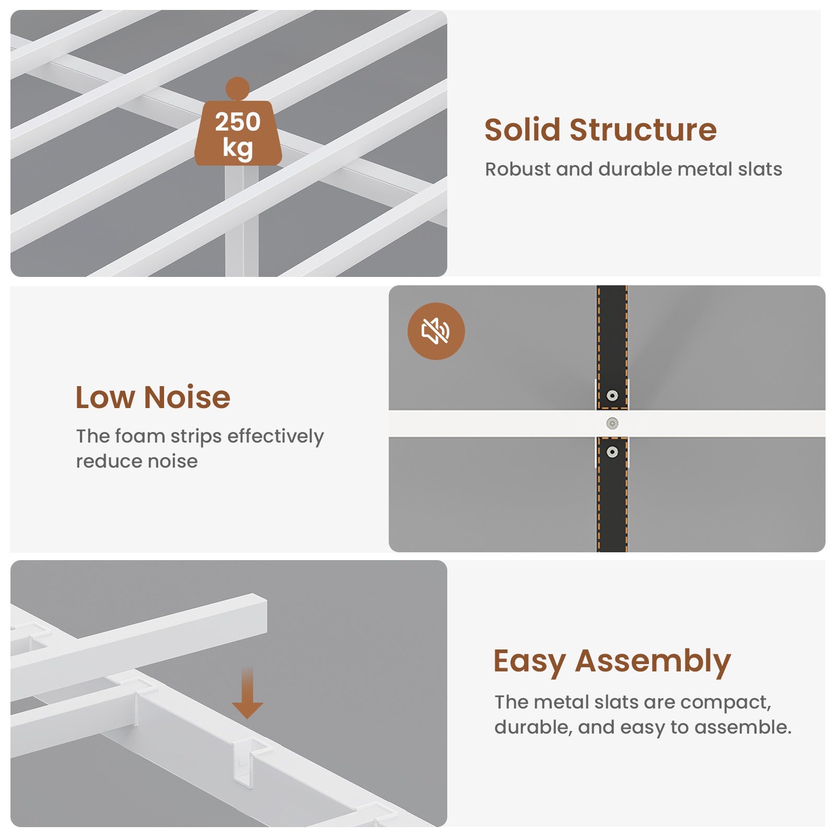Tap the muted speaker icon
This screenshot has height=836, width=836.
[436, 331]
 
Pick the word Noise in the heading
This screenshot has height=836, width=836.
[187, 397]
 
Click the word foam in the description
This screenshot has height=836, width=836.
[140, 436]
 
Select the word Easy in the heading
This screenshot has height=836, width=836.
[530, 662]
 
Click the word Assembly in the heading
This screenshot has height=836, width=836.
[653, 662]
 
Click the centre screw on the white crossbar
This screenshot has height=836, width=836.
[612, 423]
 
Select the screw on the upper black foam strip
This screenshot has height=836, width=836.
[612, 396]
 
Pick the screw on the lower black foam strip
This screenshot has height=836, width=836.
[612, 451]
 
